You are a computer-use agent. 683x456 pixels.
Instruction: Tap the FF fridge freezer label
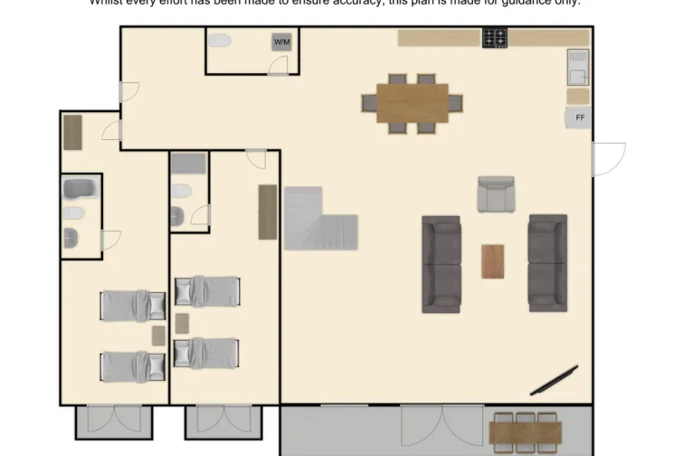pyautogui.click(x=579, y=118)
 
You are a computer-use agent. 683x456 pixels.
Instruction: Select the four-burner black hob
pyautogui.click(x=495, y=38)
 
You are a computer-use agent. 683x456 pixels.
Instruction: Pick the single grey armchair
pyautogui.click(x=496, y=195)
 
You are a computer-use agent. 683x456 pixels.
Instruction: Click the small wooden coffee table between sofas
pyautogui.click(x=493, y=261)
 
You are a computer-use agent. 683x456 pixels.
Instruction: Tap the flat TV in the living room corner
pyautogui.click(x=555, y=380)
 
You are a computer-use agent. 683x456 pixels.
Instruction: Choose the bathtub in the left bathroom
pyautogui.click(x=81, y=189)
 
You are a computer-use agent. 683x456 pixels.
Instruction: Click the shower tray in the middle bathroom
pyautogui.click(x=189, y=165)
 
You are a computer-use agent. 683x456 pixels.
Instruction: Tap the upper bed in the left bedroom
pyautogui.click(x=133, y=305)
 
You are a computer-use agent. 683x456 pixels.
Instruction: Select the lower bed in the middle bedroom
pyautogui.click(x=207, y=352)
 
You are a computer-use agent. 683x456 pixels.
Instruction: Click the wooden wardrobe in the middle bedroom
pyautogui.click(x=267, y=212)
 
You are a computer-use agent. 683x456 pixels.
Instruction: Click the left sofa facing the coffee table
pyautogui.click(x=441, y=264)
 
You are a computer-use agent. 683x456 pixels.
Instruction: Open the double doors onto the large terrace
pyautogui.click(x=436, y=425)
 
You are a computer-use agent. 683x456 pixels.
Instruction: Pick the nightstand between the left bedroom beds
pyautogui.click(x=159, y=336)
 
